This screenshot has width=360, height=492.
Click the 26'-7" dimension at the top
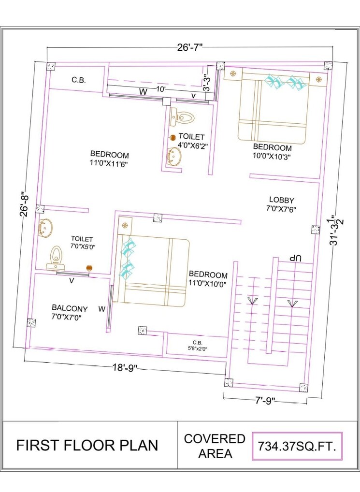[189, 47]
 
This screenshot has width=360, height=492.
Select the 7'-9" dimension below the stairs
[265, 400]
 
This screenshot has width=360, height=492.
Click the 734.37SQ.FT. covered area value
[297, 445]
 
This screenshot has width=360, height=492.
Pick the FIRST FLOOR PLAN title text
[87, 445]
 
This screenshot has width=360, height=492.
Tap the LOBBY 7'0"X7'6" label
[281, 204]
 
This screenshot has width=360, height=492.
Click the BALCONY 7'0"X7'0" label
[70, 312]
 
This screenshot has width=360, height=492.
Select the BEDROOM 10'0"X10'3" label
[272, 152]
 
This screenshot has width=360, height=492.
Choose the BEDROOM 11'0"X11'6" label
[109, 159]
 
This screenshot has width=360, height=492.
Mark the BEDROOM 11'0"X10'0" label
[208, 279]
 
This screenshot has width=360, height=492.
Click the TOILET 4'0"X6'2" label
[191, 141]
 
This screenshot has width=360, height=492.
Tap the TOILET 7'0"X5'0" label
[82, 242]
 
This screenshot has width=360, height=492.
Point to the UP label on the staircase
[295, 259]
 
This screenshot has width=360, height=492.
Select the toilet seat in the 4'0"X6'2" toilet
[183, 117]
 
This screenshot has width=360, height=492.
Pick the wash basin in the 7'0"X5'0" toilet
[45, 228]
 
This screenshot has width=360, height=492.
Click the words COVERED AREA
[215, 446]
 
